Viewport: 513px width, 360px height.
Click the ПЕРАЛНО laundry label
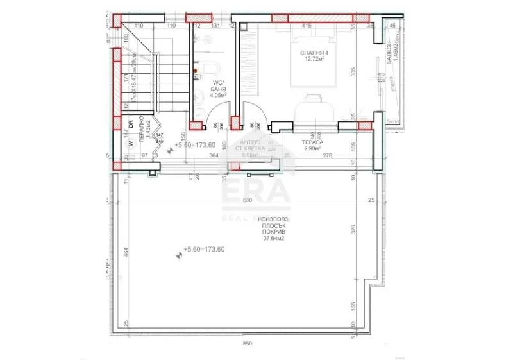[139, 132]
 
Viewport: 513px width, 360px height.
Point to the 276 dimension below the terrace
[328, 156]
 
